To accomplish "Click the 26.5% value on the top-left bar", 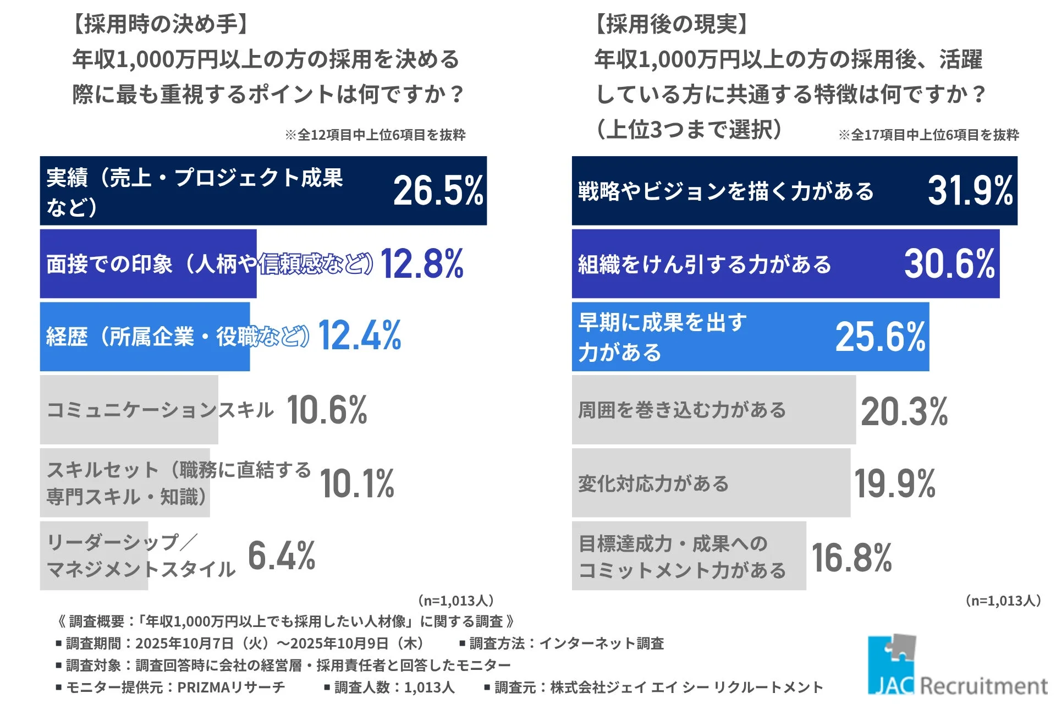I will pyautogui.click(x=438, y=191).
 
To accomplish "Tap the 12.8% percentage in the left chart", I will pyautogui.click(x=422, y=263).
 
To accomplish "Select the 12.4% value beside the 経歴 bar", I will pyautogui.click(x=360, y=335).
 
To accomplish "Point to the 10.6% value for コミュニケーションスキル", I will pyautogui.click(x=327, y=410).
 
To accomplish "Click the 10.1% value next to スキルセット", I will pyautogui.click(x=357, y=483).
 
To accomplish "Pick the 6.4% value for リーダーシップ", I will pyautogui.click(x=282, y=555).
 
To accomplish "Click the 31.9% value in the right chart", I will pyautogui.click(x=970, y=191).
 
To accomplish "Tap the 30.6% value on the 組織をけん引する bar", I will pyautogui.click(x=949, y=263).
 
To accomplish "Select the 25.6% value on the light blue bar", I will pyautogui.click(x=880, y=337).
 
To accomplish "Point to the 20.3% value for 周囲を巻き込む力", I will pyautogui.click(x=904, y=411).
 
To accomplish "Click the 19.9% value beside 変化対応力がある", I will pyautogui.click(x=895, y=484).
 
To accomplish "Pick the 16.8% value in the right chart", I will pyautogui.click(x=851, y=558).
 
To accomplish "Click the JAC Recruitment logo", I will pyautogui.click(x=957, y=668).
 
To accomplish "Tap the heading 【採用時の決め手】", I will pyautogui.click(x=161, y=24).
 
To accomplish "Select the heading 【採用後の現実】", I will pyautogui.click(x=672, y=24).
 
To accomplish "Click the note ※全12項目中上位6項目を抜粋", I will pyautogui.click(x=375, y=135).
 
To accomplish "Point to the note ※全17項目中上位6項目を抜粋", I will pyautogui.click(x=928, y=135).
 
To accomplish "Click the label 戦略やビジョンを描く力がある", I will pyautogui.click(x=725, y=191).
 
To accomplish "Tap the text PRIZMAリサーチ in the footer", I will pyautogui.click(x=231, y=687).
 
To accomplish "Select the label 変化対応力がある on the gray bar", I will pyautogui.click(x=653, y=483).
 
